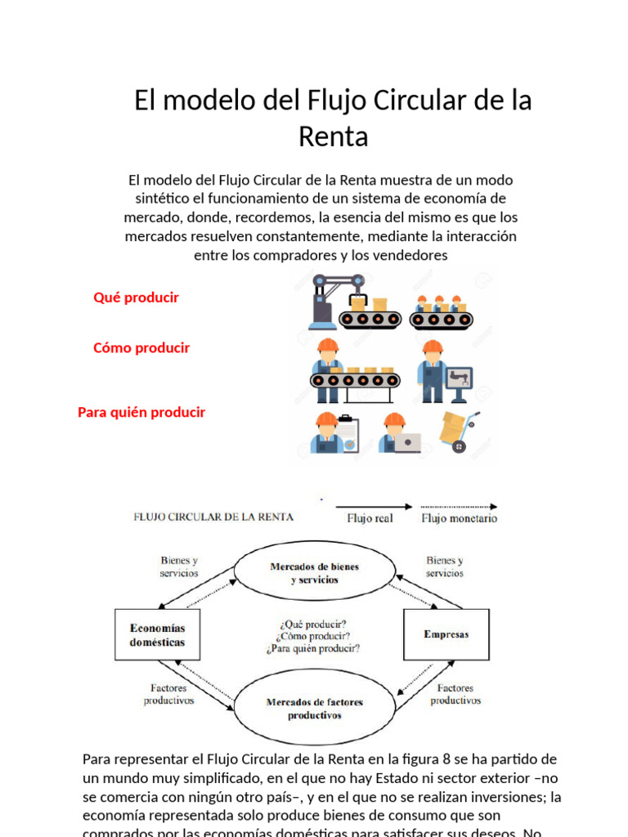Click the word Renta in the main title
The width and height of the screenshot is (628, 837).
tap(333, 137)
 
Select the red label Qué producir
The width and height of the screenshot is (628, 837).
tap(136, 298)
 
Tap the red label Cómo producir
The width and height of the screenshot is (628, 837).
tap(141, 347)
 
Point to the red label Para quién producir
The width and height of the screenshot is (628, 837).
tap(141, 412)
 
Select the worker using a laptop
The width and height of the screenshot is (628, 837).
tap(398, 432)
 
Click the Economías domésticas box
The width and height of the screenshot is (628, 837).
tap(157, 635)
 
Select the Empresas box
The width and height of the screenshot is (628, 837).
tap(446, 634)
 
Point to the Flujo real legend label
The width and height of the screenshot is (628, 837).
tap(370, 518)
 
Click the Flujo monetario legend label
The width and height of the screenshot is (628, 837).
tap(459, 518)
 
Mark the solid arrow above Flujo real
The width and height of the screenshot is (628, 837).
tap(372, 505)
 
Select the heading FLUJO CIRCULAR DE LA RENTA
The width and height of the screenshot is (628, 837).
tap(213, 517)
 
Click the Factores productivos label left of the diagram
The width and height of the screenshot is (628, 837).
tap(169, 694)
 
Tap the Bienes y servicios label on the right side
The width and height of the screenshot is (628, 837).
tap(445, 566)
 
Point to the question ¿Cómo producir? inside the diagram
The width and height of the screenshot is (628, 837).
tap(314, 636)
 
